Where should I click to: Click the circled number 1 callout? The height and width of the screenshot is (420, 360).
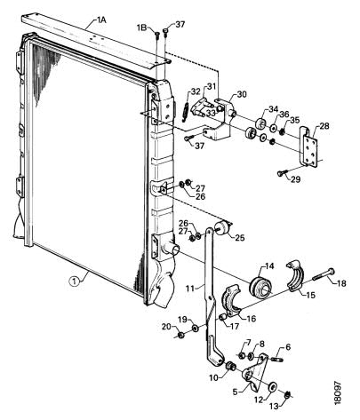pos(74,281)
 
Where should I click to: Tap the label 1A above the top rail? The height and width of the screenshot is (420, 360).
pos(101,20)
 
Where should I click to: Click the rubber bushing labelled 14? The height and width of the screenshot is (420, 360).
pos(260,287)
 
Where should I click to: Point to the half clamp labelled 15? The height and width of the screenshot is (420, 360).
pos(296,275)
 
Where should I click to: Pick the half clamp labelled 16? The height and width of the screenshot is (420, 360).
pos(233,299)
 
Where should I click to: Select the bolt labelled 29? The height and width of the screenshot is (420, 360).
pos(282,173)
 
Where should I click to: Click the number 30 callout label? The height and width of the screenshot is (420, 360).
pos(242,94)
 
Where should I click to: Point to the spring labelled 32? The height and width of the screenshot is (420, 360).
pos(185,111)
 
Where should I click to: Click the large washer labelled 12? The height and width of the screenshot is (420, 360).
pos(272,386)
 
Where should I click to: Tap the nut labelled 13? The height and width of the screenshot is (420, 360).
pos(287,394)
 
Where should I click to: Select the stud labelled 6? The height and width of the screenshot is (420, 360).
pos(279,360)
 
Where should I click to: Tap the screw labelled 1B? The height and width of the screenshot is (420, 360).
pos(157,36)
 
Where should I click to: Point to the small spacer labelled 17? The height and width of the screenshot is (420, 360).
pos(222,318)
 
